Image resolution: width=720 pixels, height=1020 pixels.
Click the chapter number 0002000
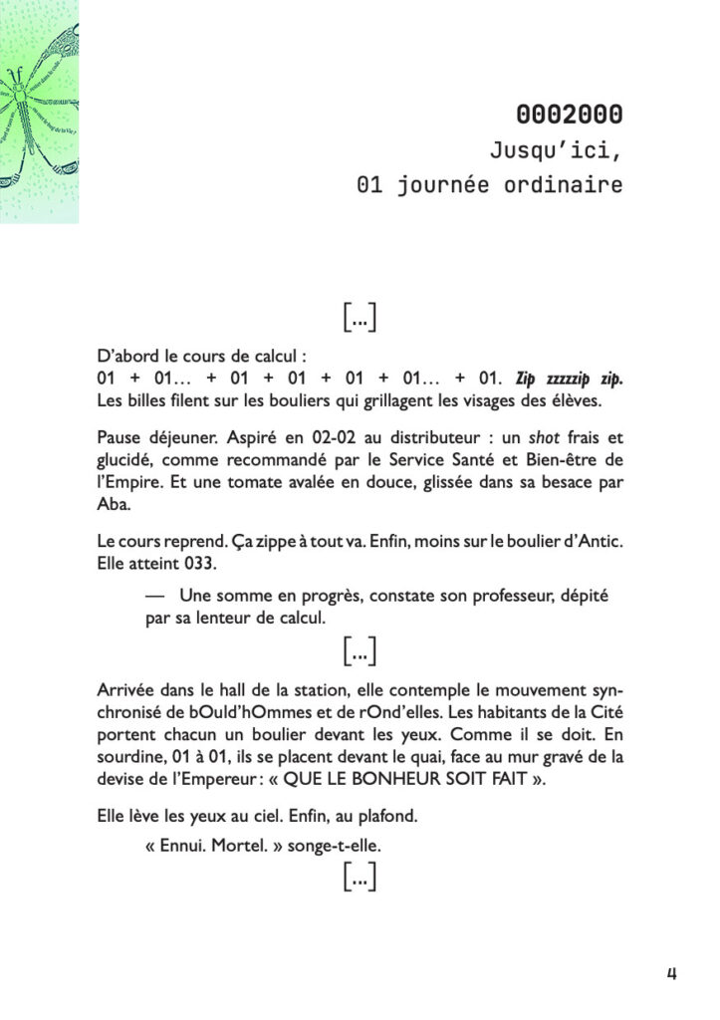pos(570,115)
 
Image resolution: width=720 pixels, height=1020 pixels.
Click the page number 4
pos(671,973)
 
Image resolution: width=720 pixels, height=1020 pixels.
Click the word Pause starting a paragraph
pos(120,437)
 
